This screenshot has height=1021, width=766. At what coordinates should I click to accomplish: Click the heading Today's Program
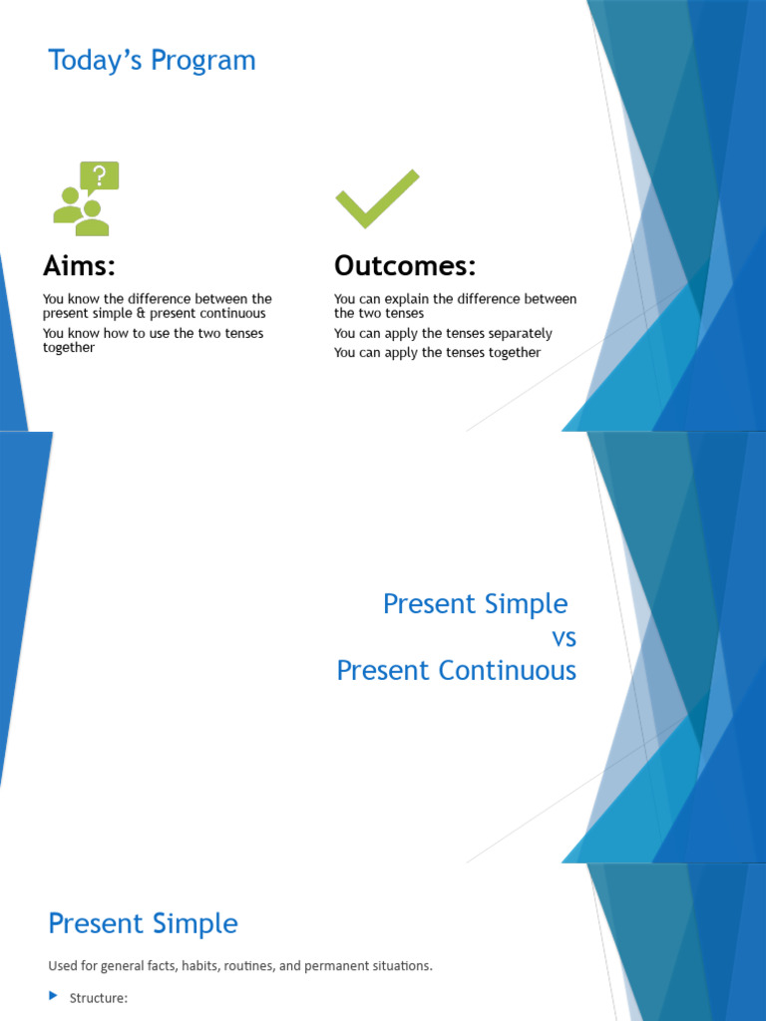pos(152,61)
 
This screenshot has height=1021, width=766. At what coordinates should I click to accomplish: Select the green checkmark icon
pos(377,198)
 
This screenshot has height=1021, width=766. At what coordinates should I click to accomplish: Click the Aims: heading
pos(79,266)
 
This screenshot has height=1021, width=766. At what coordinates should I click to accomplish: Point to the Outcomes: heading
pos(405,266)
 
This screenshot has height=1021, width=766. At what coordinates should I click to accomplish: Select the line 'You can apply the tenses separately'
pos(443,334)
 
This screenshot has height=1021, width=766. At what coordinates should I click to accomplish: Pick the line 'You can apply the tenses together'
pos(437,353)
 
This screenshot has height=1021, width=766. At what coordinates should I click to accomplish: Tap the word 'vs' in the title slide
pos(564,637)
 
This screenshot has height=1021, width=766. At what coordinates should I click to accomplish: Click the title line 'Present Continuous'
pos(456,670)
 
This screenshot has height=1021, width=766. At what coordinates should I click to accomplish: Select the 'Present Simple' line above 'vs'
pos(475,604)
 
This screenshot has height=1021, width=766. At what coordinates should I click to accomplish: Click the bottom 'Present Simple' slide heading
pos(143,923)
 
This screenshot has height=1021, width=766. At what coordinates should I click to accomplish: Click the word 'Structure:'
pos(99,998)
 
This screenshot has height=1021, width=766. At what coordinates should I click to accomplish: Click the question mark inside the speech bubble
pos(99,176)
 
